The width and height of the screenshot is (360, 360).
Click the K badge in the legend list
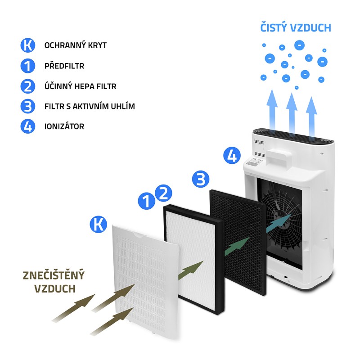click(x=28, y=45)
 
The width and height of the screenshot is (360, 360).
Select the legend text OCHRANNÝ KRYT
click(x=76, y=45)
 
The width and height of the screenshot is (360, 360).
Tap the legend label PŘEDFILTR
click(x=64, y=66)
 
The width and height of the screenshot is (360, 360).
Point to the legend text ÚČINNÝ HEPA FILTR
click(x=81, y=86)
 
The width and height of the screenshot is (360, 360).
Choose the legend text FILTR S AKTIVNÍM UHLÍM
click(x=90, y=106)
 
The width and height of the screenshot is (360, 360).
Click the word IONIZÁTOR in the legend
click(x=64, y=126)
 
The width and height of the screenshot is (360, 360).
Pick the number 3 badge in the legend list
click(x=28, y=106)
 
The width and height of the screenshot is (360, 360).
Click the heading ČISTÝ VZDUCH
click(x=296, y=27)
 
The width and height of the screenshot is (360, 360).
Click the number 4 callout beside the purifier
click(x=232, y=155)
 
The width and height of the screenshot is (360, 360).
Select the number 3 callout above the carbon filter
click(x=201, y=179)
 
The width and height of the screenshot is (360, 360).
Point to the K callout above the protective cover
click(x=98, y=224)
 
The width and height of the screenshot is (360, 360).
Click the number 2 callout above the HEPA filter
click(x=163, y=193)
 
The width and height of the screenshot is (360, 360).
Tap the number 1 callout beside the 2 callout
click(x=147, y=201)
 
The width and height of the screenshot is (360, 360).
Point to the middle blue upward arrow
click(x=292, y=112)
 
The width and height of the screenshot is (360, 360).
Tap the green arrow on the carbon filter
click(x=237, y=247)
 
